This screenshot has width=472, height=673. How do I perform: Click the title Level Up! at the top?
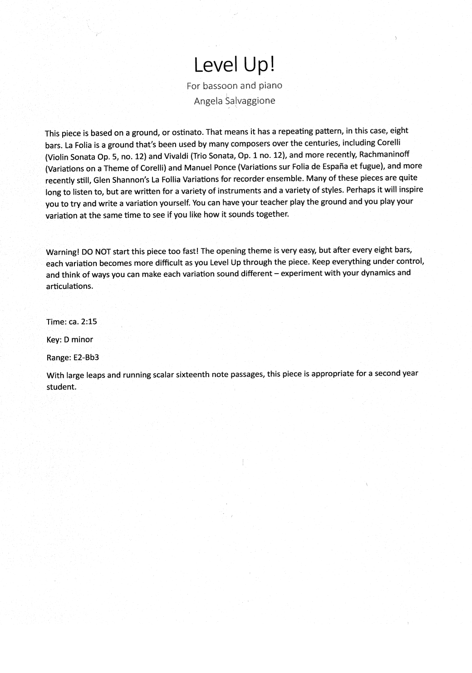pyautogui.click(x=234, y=65)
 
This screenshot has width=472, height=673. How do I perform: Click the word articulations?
pyautogui.click(x=69, y=286)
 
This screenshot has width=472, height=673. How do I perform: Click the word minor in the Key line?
pyautogui.click(x=82, y=339)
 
